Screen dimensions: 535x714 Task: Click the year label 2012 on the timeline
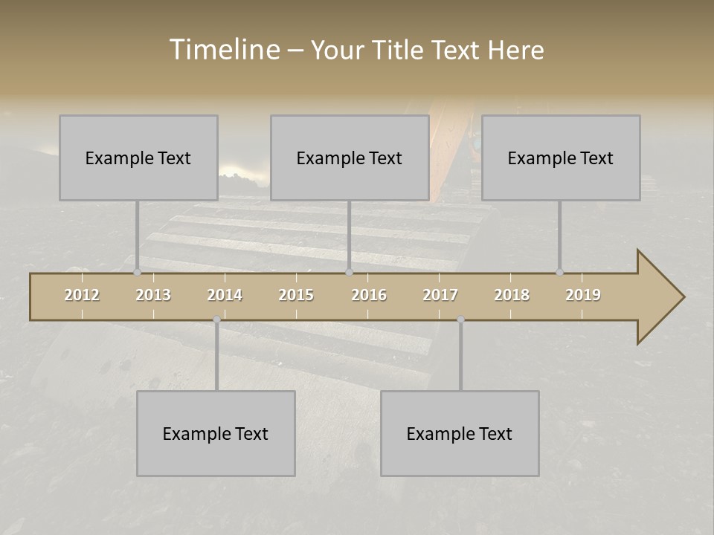[82, 295]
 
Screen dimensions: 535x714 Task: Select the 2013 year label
[153, 295]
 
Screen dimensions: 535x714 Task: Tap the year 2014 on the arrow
[225, 295]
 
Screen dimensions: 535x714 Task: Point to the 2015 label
[296, 295]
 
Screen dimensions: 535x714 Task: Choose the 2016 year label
[369, 295]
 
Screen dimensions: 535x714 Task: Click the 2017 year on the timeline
[440, 295]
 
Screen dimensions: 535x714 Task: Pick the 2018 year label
[512, 295]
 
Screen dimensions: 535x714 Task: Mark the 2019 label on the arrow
[583, 295]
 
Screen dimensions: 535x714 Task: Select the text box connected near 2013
[138, 158]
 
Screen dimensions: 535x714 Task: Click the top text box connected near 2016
[350, 158]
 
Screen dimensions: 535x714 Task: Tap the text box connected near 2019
[561, 158]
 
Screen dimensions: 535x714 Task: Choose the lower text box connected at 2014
[216, 433]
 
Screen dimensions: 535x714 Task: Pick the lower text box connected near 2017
[460, 433]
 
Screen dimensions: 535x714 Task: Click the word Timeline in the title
[224, 50]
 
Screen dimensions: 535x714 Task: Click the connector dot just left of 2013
[137, 273]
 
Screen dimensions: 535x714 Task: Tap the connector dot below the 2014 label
[216, 320]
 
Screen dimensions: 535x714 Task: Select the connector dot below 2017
[460, 320]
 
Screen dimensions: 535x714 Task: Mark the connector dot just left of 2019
[559, 273]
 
